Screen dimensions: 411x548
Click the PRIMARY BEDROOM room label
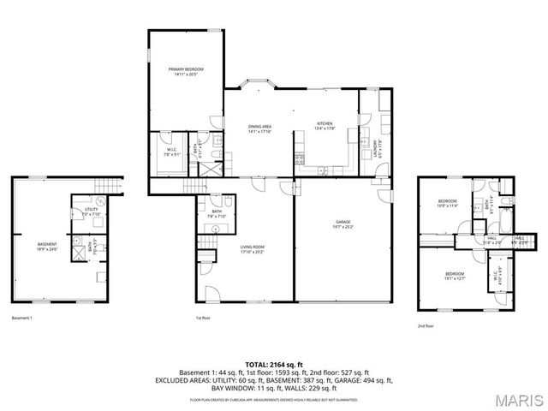pyautogui.click(x=184, y=71)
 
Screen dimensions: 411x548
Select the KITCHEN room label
pyautogui.click(x=325, y=125)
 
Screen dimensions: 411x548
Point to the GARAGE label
pyautogui.click(x=343, y=224)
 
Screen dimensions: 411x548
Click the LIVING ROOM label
pyautogui.click(x=253, y=250)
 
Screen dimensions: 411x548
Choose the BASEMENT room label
pyautogui.click(x=46, y=247)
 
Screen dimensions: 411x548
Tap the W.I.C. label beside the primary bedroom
pyautogui.click(x=171, y=152)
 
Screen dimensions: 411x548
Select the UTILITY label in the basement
pyautogui.click(x=91, y=211)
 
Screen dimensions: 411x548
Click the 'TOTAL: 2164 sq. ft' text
pyautogui.click(x=273, y=364)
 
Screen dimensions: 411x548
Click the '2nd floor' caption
pyautogui.click(x=426, y=326)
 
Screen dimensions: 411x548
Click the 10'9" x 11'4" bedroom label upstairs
pyautogui.click(x=448, y=204)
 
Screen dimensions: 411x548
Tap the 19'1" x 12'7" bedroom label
pyautogui.click(x=455, y=276)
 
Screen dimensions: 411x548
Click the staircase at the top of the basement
pyautogui.click(x=104, y=188)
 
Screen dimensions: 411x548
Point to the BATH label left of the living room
pyautogui.click(x=217, y=213)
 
